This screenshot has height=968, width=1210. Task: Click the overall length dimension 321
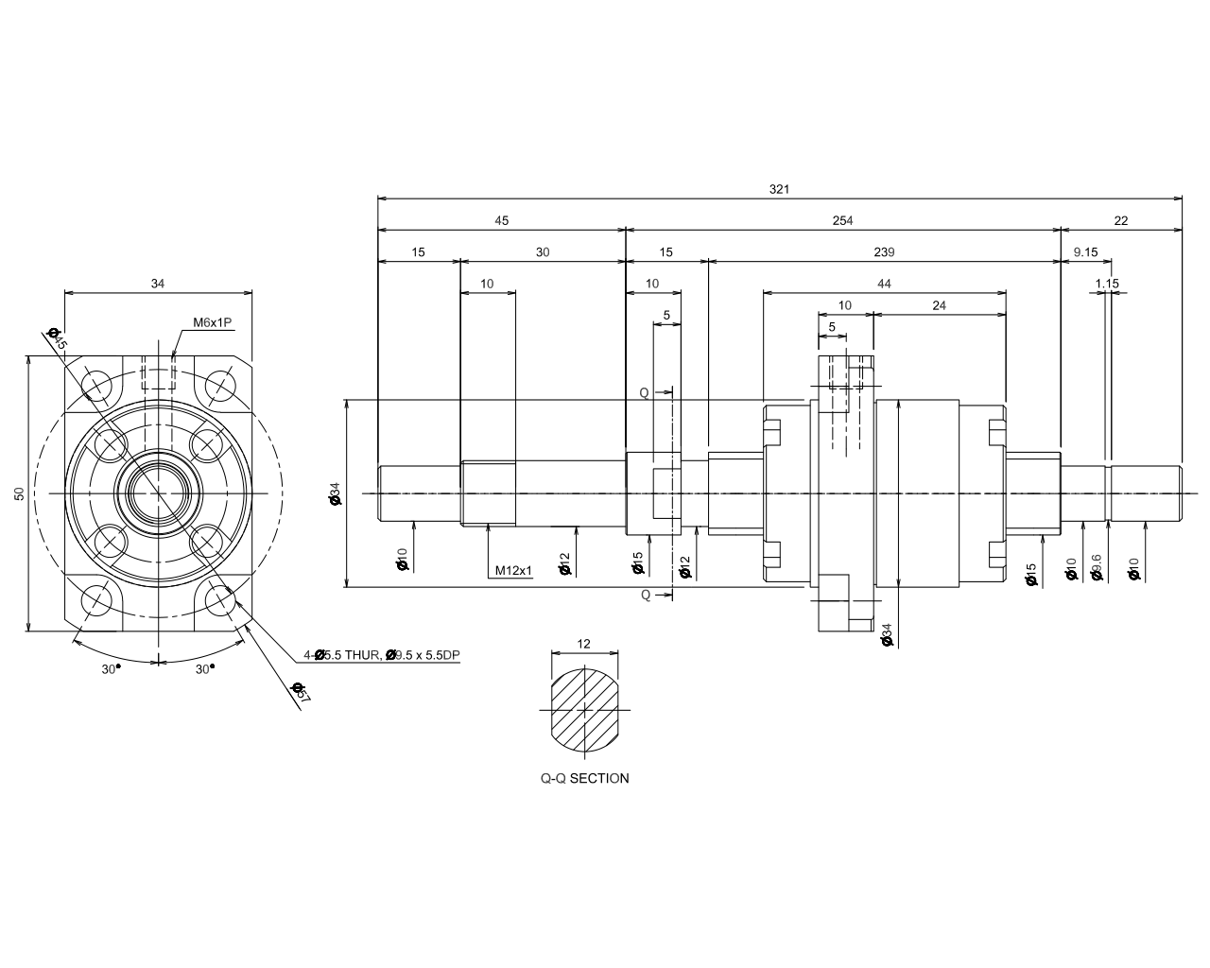pyautogui.click(x=779, y=189)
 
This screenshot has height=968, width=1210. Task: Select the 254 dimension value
pyautogui.click(x=842, y=220)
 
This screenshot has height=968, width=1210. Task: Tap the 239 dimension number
pyautogui.click(x=883, y=252)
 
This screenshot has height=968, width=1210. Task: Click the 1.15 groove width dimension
pyautogui.click(x=1107, y=284)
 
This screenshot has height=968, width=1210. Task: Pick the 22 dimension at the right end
pyautogui.click(x=1121, y=220)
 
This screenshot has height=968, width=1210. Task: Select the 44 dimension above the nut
pyautogui.click(x=884, y=284)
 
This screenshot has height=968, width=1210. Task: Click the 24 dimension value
pyautogui.click(x=939, y=305)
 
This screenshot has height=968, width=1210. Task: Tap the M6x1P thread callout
pyautogui.click(x=212, y=322)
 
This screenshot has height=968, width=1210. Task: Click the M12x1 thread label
pyautogui.click(x=513, y=571)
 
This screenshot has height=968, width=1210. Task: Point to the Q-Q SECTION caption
pyautogui.click(x=584, y=779)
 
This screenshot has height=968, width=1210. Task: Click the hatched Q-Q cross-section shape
pyautogui.click(x=584, y=709)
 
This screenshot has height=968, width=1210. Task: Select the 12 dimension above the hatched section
pyautogui.click(x=583, y=644)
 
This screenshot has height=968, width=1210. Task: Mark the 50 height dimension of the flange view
pyautogui.click(x=19, y=493)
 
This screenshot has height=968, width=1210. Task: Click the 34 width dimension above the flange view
pyautogui.click(x=158, y=283)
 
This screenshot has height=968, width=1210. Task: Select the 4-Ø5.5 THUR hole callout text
pyautogui.click(x=381, y=654)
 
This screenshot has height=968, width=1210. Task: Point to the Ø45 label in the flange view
pyautogui.click(x=57, y=338)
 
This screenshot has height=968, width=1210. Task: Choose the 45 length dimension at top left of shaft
pyautogui.click(x=501, y=220)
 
